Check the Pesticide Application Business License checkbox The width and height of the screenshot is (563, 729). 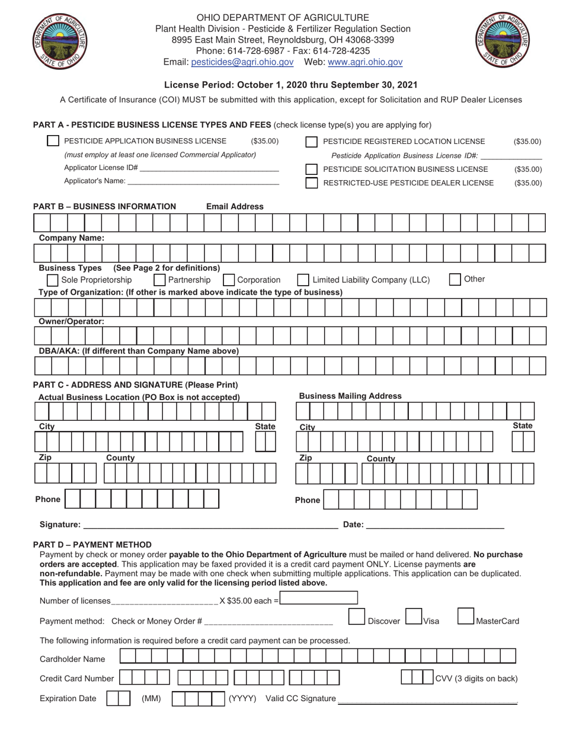(x=53, y=141)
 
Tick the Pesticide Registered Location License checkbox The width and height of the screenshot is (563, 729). (x=311, y=142)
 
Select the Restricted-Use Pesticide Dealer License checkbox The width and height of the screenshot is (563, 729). (x=311, y=183)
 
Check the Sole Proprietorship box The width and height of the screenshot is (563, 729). (x=52, y=280)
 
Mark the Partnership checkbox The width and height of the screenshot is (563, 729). (x=159, y=280)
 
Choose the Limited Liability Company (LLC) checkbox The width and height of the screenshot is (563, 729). (x=303, y=280)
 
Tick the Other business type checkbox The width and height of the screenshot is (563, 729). (x=455, y=279)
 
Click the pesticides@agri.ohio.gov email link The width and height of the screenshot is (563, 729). (x=242, y=62)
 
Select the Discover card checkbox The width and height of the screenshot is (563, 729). (x=356, y=616)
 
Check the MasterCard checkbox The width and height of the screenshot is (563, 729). (x=466, y=616)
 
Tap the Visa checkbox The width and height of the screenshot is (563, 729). (x=413, y=616)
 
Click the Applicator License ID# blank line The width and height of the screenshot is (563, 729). (x=209, y=168)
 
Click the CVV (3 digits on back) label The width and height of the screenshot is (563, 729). (x=476, y=679)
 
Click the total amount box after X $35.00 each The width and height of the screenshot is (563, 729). (x=319, y=598)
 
